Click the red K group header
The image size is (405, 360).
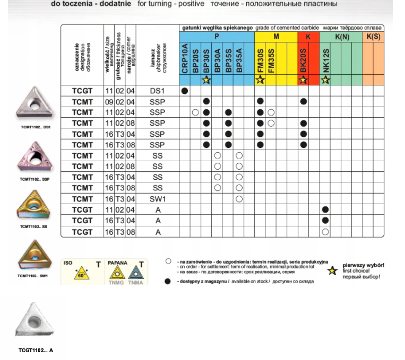[x=308, y=37]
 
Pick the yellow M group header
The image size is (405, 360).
[x=276, y=37]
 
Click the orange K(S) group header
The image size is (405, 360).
[x=373, y=37]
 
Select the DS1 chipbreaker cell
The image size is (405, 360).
[x=158, y=91]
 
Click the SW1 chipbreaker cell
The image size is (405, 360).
[x=158, y=199]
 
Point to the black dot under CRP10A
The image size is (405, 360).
[x=185, y=91]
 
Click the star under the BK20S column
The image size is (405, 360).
[x=304, y=80]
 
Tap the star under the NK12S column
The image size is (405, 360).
[x=326, y=80]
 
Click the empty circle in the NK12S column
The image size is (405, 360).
[x=326, y=231]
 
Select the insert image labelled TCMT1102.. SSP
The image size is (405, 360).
[x=34, y=157]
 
